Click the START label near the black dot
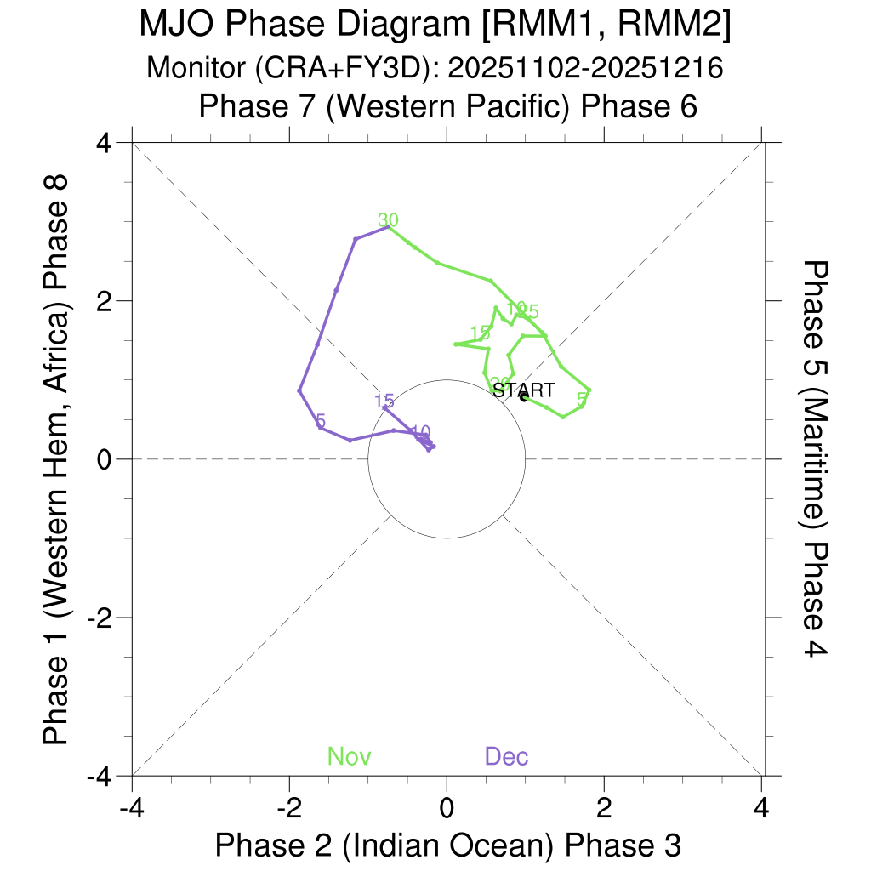[524, 390]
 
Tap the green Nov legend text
[350, 756]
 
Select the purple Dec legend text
[506, 756]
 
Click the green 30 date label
[388, 220]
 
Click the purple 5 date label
[321, 421]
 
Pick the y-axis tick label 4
[106, 142]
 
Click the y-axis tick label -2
[101, 618]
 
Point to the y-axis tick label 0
[106, 459]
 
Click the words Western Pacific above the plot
[441, 107]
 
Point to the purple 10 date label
[419, 432]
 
